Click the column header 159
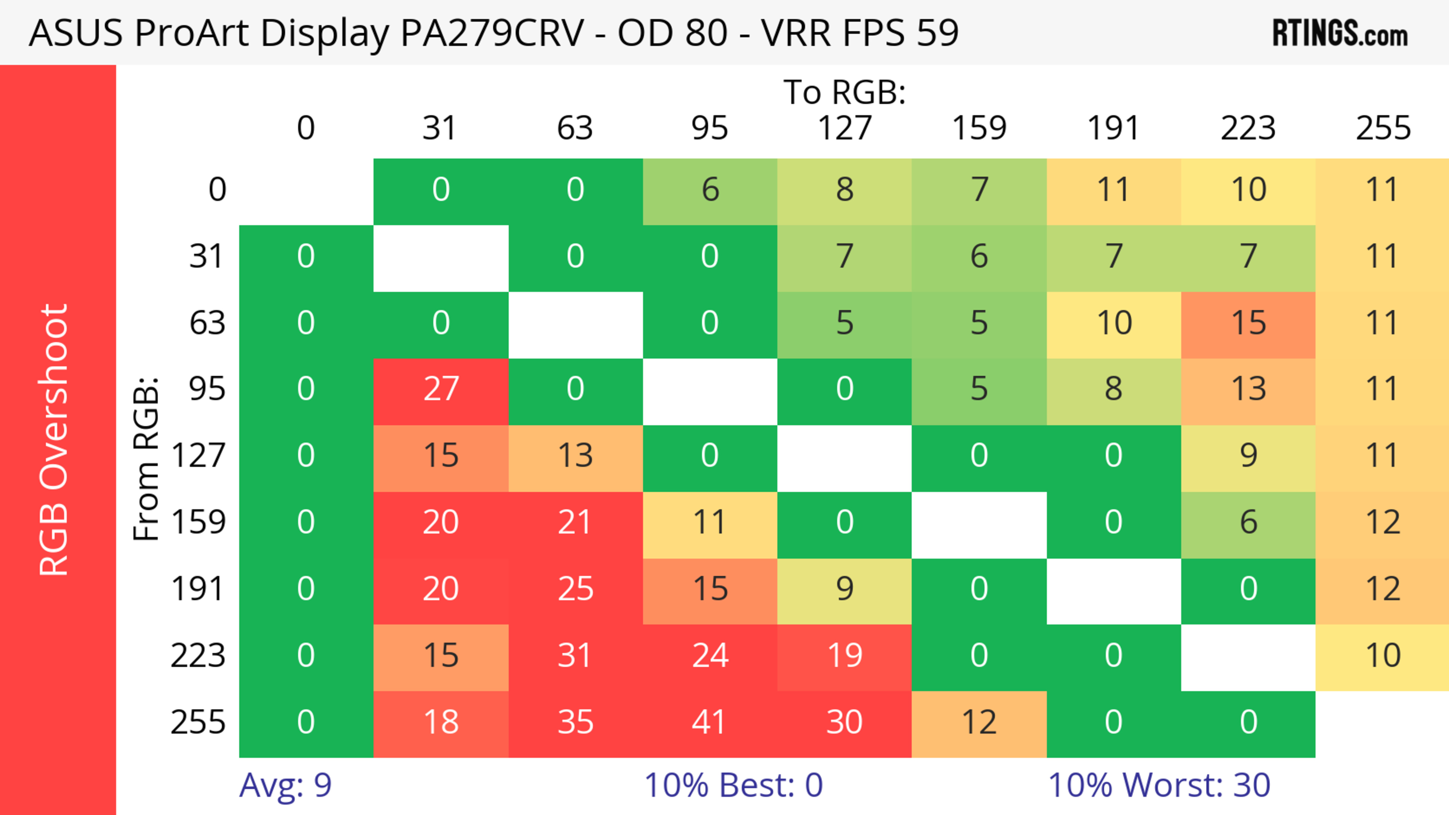tap(979, 128)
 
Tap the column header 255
tap(1383, 128)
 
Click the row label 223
tap(198, 656)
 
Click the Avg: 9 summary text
tap(285, 785)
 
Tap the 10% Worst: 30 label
tap(1159, 785)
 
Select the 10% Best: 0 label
tap(733, 785)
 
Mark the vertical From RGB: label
tap(146, 459)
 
